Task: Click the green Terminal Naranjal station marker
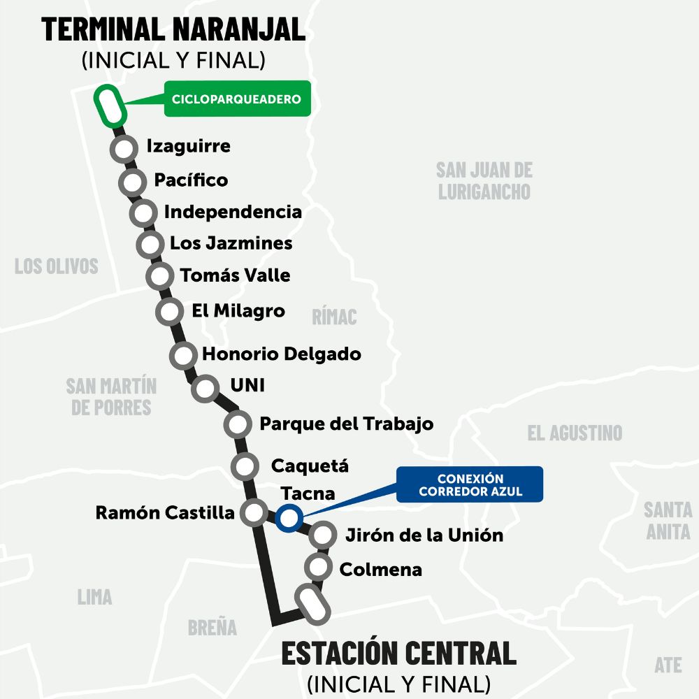(109, 106)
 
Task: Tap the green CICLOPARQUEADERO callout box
(236, 99)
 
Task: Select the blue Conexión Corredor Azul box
(470, 484)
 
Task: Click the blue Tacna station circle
(288, 519)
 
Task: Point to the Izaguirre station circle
(124, 149)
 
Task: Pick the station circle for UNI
(206, 387)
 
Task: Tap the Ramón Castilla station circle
(252, 513)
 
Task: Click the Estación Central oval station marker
(312, 605)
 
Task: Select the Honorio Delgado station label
(281, 354)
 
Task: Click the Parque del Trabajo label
(346, 424)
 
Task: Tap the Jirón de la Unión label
(424, 535)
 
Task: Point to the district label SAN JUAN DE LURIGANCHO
(484, 180)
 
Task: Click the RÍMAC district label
(334, 317)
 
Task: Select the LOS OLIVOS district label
(57, 266)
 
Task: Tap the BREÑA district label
(212, 627)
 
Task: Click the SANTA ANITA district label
(668, 520)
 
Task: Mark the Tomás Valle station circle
(160, 275)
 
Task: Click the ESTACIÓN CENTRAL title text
(398, 653)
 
